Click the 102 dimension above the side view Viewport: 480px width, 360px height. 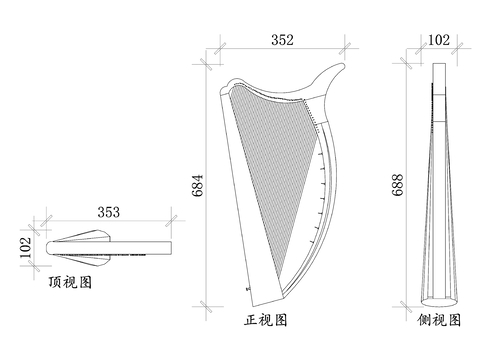437,40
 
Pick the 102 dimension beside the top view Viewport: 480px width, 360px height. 26,246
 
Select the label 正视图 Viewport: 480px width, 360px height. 266,321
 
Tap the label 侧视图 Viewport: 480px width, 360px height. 440,321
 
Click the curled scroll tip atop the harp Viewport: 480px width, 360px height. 338,65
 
